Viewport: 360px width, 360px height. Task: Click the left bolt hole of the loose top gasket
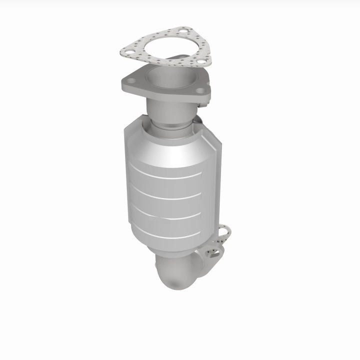pyautogui.click(x=127, y=49)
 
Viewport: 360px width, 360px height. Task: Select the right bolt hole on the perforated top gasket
pyautogui.click(x=199, y=62)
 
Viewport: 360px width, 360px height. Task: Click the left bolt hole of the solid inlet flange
pyautogui.click(x=129, y=80)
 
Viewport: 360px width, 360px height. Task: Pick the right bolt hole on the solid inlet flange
pyautogui.click(x=200, y=91)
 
